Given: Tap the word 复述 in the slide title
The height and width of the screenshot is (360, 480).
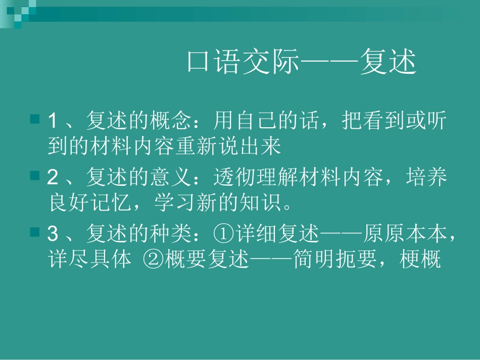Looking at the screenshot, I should tap(388, 63).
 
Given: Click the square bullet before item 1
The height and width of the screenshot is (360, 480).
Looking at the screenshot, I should tap(35, 120).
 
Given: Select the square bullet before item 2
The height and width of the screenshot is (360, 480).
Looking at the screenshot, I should tap(35, 176).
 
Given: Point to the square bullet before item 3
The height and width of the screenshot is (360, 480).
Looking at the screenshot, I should tap(35, 232).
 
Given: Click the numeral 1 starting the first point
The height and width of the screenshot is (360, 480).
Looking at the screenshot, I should tap(52, 121).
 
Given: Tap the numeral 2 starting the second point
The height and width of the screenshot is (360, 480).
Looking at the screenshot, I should tap(52, 177).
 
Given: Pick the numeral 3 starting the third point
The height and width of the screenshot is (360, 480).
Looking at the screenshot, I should tap(52, 234).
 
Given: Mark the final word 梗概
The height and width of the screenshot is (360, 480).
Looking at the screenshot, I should tap(420, 261).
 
